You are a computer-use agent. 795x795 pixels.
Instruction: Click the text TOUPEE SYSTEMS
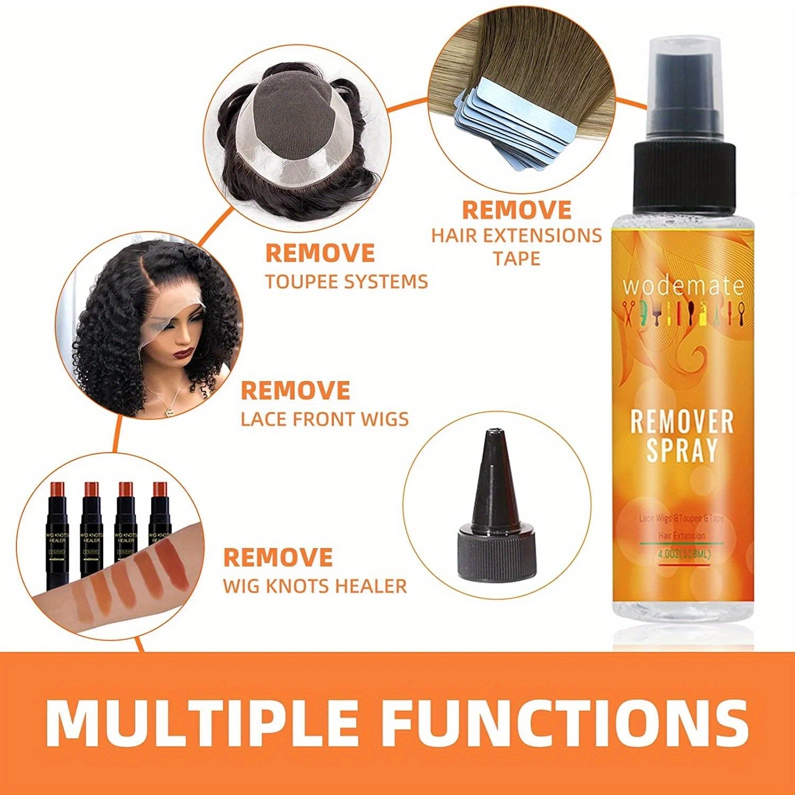(x=346, y=281)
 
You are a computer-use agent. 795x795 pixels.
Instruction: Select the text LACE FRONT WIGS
(x=325, y=419)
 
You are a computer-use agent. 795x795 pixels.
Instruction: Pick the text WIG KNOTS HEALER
(x=315, y=586)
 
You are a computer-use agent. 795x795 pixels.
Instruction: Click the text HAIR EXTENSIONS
(x=516, y=235)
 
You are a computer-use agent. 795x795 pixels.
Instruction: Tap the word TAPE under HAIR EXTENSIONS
(x=516, y=259)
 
